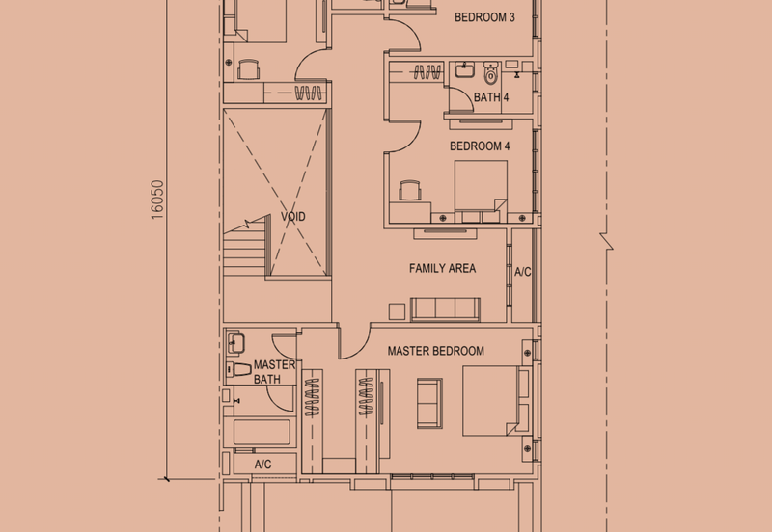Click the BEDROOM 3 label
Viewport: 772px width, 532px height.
[484, 17]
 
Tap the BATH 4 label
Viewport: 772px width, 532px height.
[491, 97]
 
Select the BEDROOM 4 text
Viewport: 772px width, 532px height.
[480, 146]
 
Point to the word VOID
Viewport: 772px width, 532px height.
[293, 216]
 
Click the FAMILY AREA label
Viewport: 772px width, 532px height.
[442, 268]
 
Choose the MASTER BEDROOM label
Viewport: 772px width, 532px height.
[436, 351]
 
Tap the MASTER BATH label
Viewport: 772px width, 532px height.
[274, 372]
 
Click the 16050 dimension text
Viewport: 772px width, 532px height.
[157, 199]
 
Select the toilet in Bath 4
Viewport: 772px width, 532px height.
[491, 72]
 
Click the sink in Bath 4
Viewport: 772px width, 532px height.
[464, 69]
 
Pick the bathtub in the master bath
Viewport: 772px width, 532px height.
[261, 432]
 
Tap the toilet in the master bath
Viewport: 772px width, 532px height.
[238, 369]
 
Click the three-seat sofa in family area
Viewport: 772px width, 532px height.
[445, 308]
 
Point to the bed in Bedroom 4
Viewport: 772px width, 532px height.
[481, 191]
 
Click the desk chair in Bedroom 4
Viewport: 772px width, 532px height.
[410, 190]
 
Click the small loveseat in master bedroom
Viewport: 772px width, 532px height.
[429, 403]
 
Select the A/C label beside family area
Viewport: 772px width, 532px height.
[522, 272]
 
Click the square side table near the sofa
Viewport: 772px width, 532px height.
[397, 311]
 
